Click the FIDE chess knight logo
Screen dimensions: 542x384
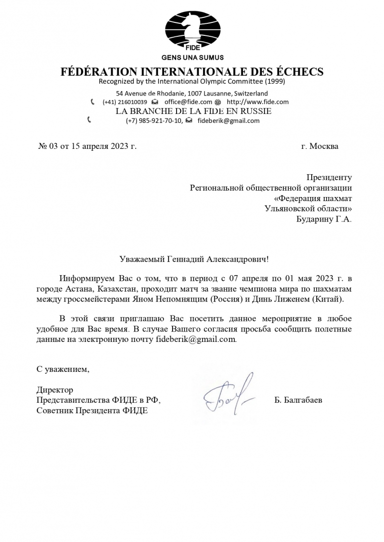tap(192, 31)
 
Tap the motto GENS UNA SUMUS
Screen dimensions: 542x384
tap(192, 57)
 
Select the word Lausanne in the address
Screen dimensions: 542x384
tap(218, 94)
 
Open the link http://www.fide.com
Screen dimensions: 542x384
tap(258, 102)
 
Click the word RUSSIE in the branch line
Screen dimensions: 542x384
tap(254, 111)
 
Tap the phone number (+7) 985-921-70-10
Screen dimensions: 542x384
tap(154, 120)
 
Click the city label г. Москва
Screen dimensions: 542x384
tap(320, 146)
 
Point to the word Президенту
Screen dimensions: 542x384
tap(329, 177)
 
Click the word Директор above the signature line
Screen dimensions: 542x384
tap(55, 390)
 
